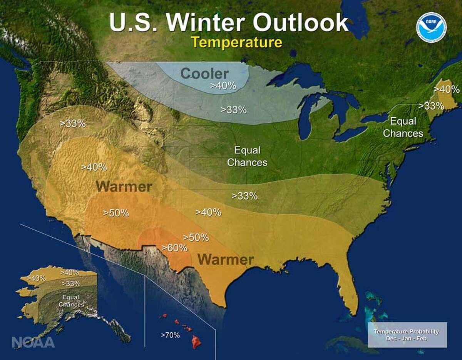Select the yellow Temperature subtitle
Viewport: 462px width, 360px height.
coord(237,42)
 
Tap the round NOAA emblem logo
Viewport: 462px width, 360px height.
coord(431,27)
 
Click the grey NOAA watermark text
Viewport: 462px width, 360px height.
coord(33,342)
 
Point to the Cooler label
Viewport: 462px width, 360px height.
coord(204,73)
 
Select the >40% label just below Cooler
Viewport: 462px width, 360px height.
coord(223,86)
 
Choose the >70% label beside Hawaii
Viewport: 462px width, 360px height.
coord(170,335)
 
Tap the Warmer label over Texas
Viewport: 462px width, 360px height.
coord(226,260)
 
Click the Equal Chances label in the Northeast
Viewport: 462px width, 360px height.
coord(403,127)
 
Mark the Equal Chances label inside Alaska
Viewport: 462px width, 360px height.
coord(71,301)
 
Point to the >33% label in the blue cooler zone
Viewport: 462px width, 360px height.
coord(233,110)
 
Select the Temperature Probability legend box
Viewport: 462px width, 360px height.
coord(407,335)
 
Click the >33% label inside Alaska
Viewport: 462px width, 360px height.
coord(71,284)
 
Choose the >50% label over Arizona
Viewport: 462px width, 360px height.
coord(116,213)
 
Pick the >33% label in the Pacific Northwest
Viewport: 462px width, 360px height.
coord(73,123)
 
